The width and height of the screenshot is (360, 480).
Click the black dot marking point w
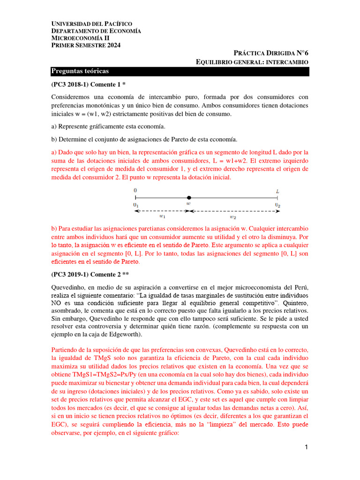pos(188,198)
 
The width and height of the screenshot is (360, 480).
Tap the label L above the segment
pos(277,191)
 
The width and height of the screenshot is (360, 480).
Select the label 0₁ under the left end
pos(135,205)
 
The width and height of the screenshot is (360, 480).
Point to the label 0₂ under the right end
pos(277,205)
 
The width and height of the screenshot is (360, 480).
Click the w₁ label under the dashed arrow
pos(162,217)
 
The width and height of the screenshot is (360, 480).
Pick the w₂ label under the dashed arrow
pos(232,217)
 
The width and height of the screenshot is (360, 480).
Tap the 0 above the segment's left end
pos(135,191)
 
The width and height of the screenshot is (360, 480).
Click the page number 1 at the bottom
pos(306,448)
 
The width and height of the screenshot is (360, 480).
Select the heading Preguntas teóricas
pos(80,71)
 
